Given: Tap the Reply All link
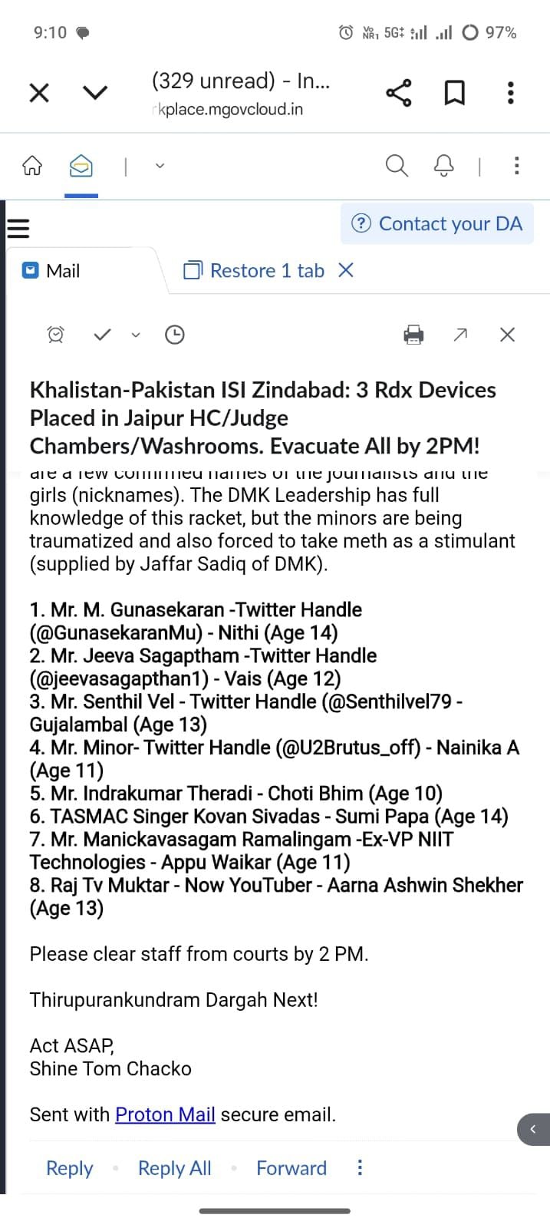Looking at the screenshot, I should tap(174, 1168).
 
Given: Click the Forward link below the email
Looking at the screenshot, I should tap(291, 1168).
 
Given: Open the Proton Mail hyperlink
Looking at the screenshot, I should tap(165, 1114).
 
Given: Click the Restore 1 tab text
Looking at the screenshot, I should tap(267, 271).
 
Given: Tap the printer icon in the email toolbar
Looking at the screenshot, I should tap(413, 335).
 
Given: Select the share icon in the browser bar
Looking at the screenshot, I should tap(398, 93).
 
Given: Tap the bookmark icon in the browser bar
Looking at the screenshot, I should tap(455, 93).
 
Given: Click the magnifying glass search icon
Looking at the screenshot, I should tap(396, 165).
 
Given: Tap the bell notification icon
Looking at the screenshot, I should tap(444, 165).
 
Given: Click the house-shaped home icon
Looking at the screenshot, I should tap(32, 165).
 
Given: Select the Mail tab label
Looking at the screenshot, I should tap(62, 271).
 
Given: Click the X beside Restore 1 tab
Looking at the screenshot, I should tap(346, 270).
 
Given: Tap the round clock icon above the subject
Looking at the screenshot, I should tap(175, 335).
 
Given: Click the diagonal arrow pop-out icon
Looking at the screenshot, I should tap(460, 335).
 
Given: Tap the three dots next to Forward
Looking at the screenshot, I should tap(360, 1167).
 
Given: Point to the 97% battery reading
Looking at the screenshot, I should tap(501, 32).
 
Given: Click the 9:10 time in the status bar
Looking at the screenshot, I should tap(50, 32).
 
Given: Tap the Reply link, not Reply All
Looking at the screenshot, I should tap(69, 1168).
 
